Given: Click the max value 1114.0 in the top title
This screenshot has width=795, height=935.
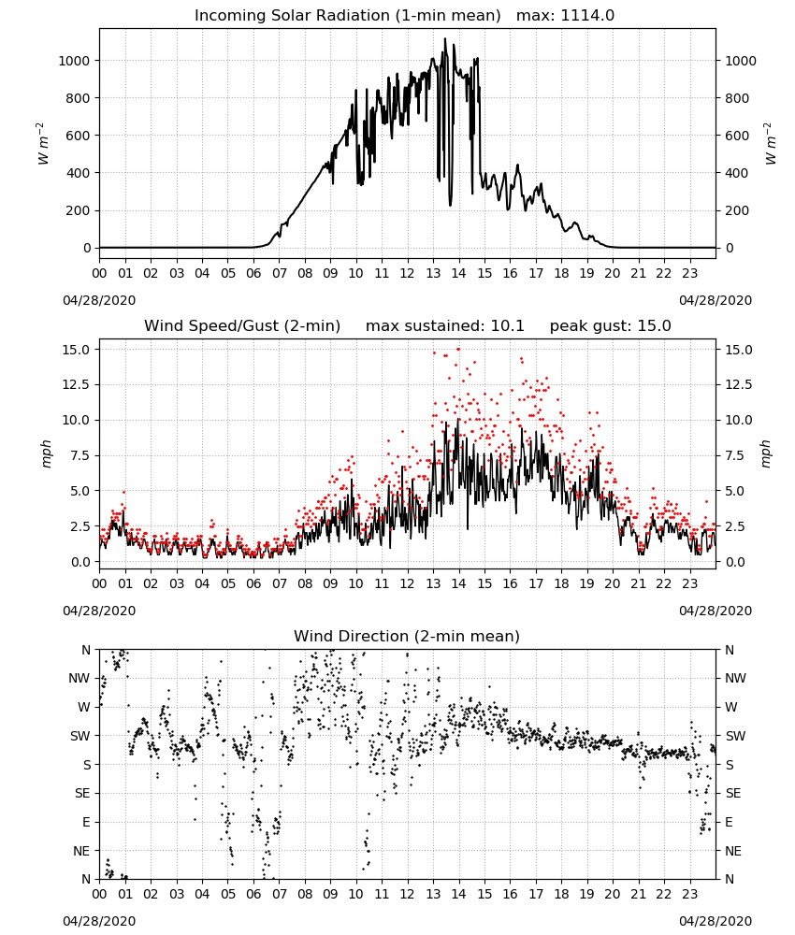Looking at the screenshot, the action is [x=587, y=15].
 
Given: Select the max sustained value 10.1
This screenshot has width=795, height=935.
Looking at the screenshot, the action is [x=508, y=325].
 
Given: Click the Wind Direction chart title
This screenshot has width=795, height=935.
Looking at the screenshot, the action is [x=407, y=636].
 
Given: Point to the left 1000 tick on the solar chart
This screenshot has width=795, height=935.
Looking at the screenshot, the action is [x=74, y=61].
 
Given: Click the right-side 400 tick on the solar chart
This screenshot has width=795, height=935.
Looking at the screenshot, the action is [x=737, y=173].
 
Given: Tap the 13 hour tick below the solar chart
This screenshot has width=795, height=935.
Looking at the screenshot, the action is [x=433, y=273].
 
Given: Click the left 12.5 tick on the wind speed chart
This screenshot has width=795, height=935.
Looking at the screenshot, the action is [x=77, y=384].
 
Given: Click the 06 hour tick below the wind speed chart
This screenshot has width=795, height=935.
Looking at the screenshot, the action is [x=253, y=583].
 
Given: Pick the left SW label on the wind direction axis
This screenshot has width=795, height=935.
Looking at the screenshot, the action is [x=80, y=736].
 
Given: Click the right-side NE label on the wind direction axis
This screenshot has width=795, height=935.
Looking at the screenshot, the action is [x=733, y=851].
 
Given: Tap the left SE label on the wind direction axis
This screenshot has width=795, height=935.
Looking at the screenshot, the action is [x=82, y=793].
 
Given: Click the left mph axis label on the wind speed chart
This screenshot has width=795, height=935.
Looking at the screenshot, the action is [x=47, y=453].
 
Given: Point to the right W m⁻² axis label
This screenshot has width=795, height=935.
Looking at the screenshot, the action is [x=770, y=143].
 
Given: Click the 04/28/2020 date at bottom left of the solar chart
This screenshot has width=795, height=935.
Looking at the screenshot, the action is [x=99, y=300].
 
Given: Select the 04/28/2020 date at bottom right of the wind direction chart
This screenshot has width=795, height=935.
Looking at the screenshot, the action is [x=715, y=921].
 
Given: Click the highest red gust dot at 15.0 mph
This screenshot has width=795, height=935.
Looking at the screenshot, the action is [x=458, y=349].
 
